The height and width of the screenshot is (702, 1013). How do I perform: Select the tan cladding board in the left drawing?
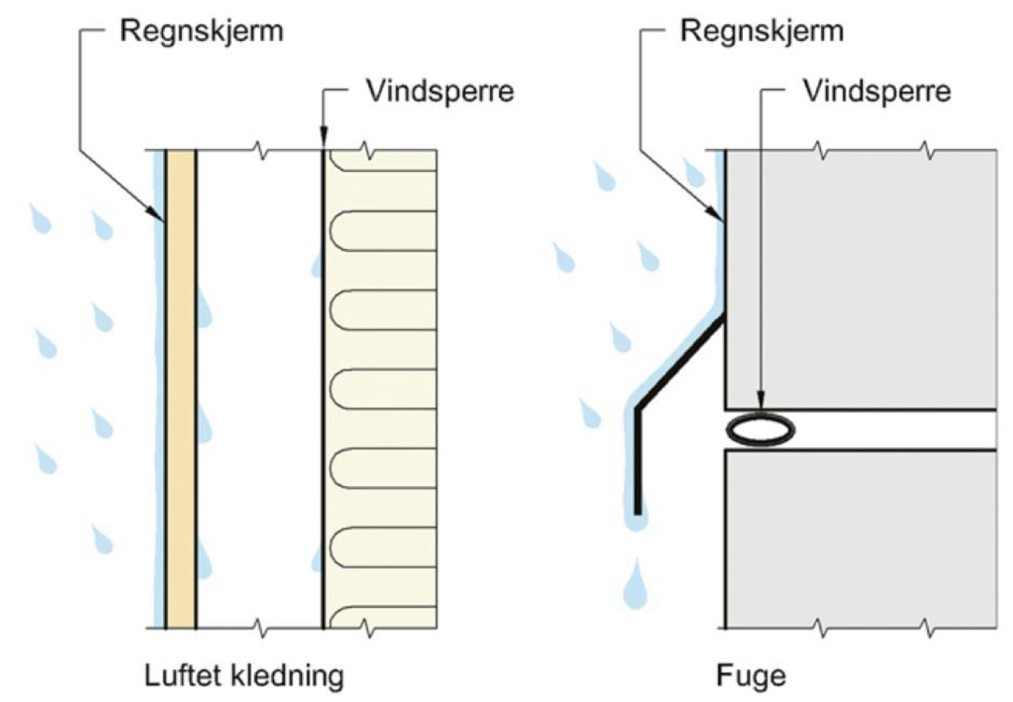[x=180, y=386]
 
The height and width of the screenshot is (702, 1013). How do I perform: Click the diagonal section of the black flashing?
[x=679, y=363]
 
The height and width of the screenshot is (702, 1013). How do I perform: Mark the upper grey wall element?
[x=856, y=278]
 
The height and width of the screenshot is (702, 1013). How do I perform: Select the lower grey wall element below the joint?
[x=856, y=540]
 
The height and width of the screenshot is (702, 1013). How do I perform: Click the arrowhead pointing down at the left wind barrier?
[x=322, y=142]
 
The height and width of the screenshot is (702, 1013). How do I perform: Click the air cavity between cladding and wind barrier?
[x=258, y=386]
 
